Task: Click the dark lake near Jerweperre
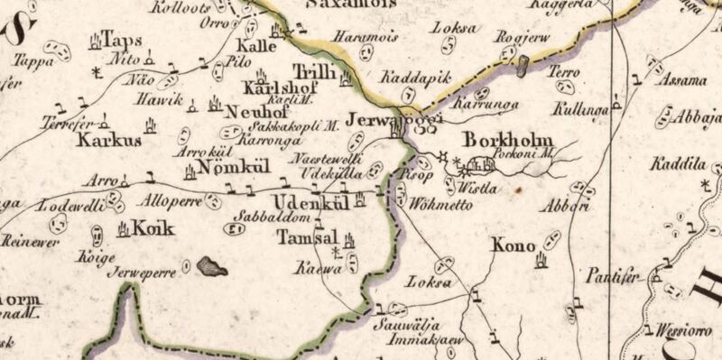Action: point(213,265)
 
